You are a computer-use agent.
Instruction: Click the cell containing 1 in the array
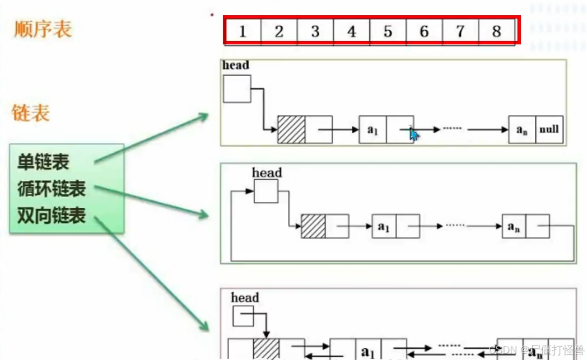click(243, 31)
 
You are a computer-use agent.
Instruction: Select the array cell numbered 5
click(388, 31)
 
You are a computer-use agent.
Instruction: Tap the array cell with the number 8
click(496, 31)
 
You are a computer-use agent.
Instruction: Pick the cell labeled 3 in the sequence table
click(315, 31)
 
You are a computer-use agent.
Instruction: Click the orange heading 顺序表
click(43, 29)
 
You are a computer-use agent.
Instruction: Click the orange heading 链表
click(31, 113)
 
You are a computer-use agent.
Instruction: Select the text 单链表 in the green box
click(43, 162)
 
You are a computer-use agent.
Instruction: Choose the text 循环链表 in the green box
click(52, 189)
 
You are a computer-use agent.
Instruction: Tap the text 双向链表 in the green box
click(52, 215)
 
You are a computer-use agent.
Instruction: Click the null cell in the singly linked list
click(549, 129)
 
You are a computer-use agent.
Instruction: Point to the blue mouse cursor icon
click(414, 135)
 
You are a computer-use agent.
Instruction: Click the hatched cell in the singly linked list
click(291, 129)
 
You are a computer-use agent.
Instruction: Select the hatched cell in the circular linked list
click(313, 226)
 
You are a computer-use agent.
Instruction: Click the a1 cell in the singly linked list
click(372, 129)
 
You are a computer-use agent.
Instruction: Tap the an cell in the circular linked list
click(514, 226)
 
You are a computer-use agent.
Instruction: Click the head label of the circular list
click(267, 172)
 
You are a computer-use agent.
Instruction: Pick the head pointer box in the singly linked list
click(237, 88)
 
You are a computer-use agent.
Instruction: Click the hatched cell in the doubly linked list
click(266, 349)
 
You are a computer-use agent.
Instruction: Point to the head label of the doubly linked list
click(245, 297)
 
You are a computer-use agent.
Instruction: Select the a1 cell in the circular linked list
click(384, 226)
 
